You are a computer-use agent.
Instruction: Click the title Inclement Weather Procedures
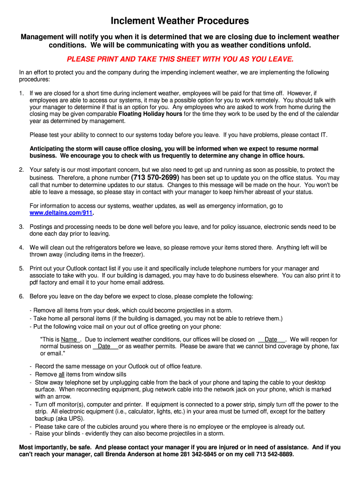coord(180,21)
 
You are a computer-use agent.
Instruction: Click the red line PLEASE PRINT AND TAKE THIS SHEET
coord(180,59)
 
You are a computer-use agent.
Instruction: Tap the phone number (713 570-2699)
coord(155,178)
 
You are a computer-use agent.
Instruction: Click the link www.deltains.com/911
coord(61,213)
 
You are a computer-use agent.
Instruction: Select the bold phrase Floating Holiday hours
coord(151,114)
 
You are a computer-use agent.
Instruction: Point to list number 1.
coord(22,93)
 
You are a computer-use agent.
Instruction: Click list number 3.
coord(22,227)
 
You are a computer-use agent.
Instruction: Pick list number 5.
coord(22,269)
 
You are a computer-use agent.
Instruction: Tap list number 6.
coord(22,297)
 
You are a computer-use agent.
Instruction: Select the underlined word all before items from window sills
coord(61,375)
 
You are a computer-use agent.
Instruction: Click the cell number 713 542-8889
coord(273,454)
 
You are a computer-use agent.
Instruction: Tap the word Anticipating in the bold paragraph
coord(48,149)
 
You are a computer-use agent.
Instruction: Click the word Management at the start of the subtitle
coord(42,37)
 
